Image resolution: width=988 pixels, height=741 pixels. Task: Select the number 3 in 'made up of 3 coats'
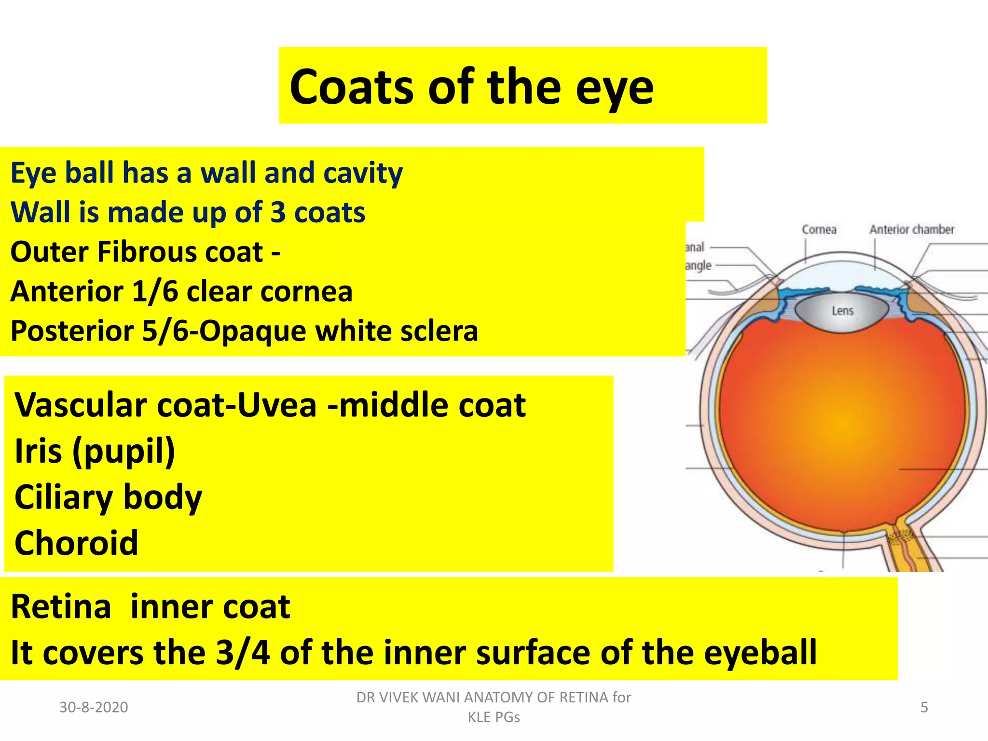tap(277, 213)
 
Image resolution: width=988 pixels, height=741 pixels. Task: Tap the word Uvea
tap(277, 405)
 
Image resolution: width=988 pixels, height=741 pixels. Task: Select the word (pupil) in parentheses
tap(123, 452)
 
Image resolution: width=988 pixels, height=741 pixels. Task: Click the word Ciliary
tap(63, 497)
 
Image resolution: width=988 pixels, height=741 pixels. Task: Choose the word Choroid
tap(76, 543)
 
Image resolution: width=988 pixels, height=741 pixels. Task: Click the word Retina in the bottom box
tap(61, 607)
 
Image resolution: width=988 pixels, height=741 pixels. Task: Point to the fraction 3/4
tap(243, 653)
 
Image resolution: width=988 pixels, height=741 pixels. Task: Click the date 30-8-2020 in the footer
tap(94, 707)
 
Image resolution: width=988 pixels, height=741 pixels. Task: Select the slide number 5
tap(924, 707)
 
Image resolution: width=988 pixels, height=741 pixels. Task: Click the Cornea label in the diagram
tap(819, 230)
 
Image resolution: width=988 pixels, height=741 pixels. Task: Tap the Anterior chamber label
tap(911, 230)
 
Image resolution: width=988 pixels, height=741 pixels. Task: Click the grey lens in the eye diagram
tap(842, 311)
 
